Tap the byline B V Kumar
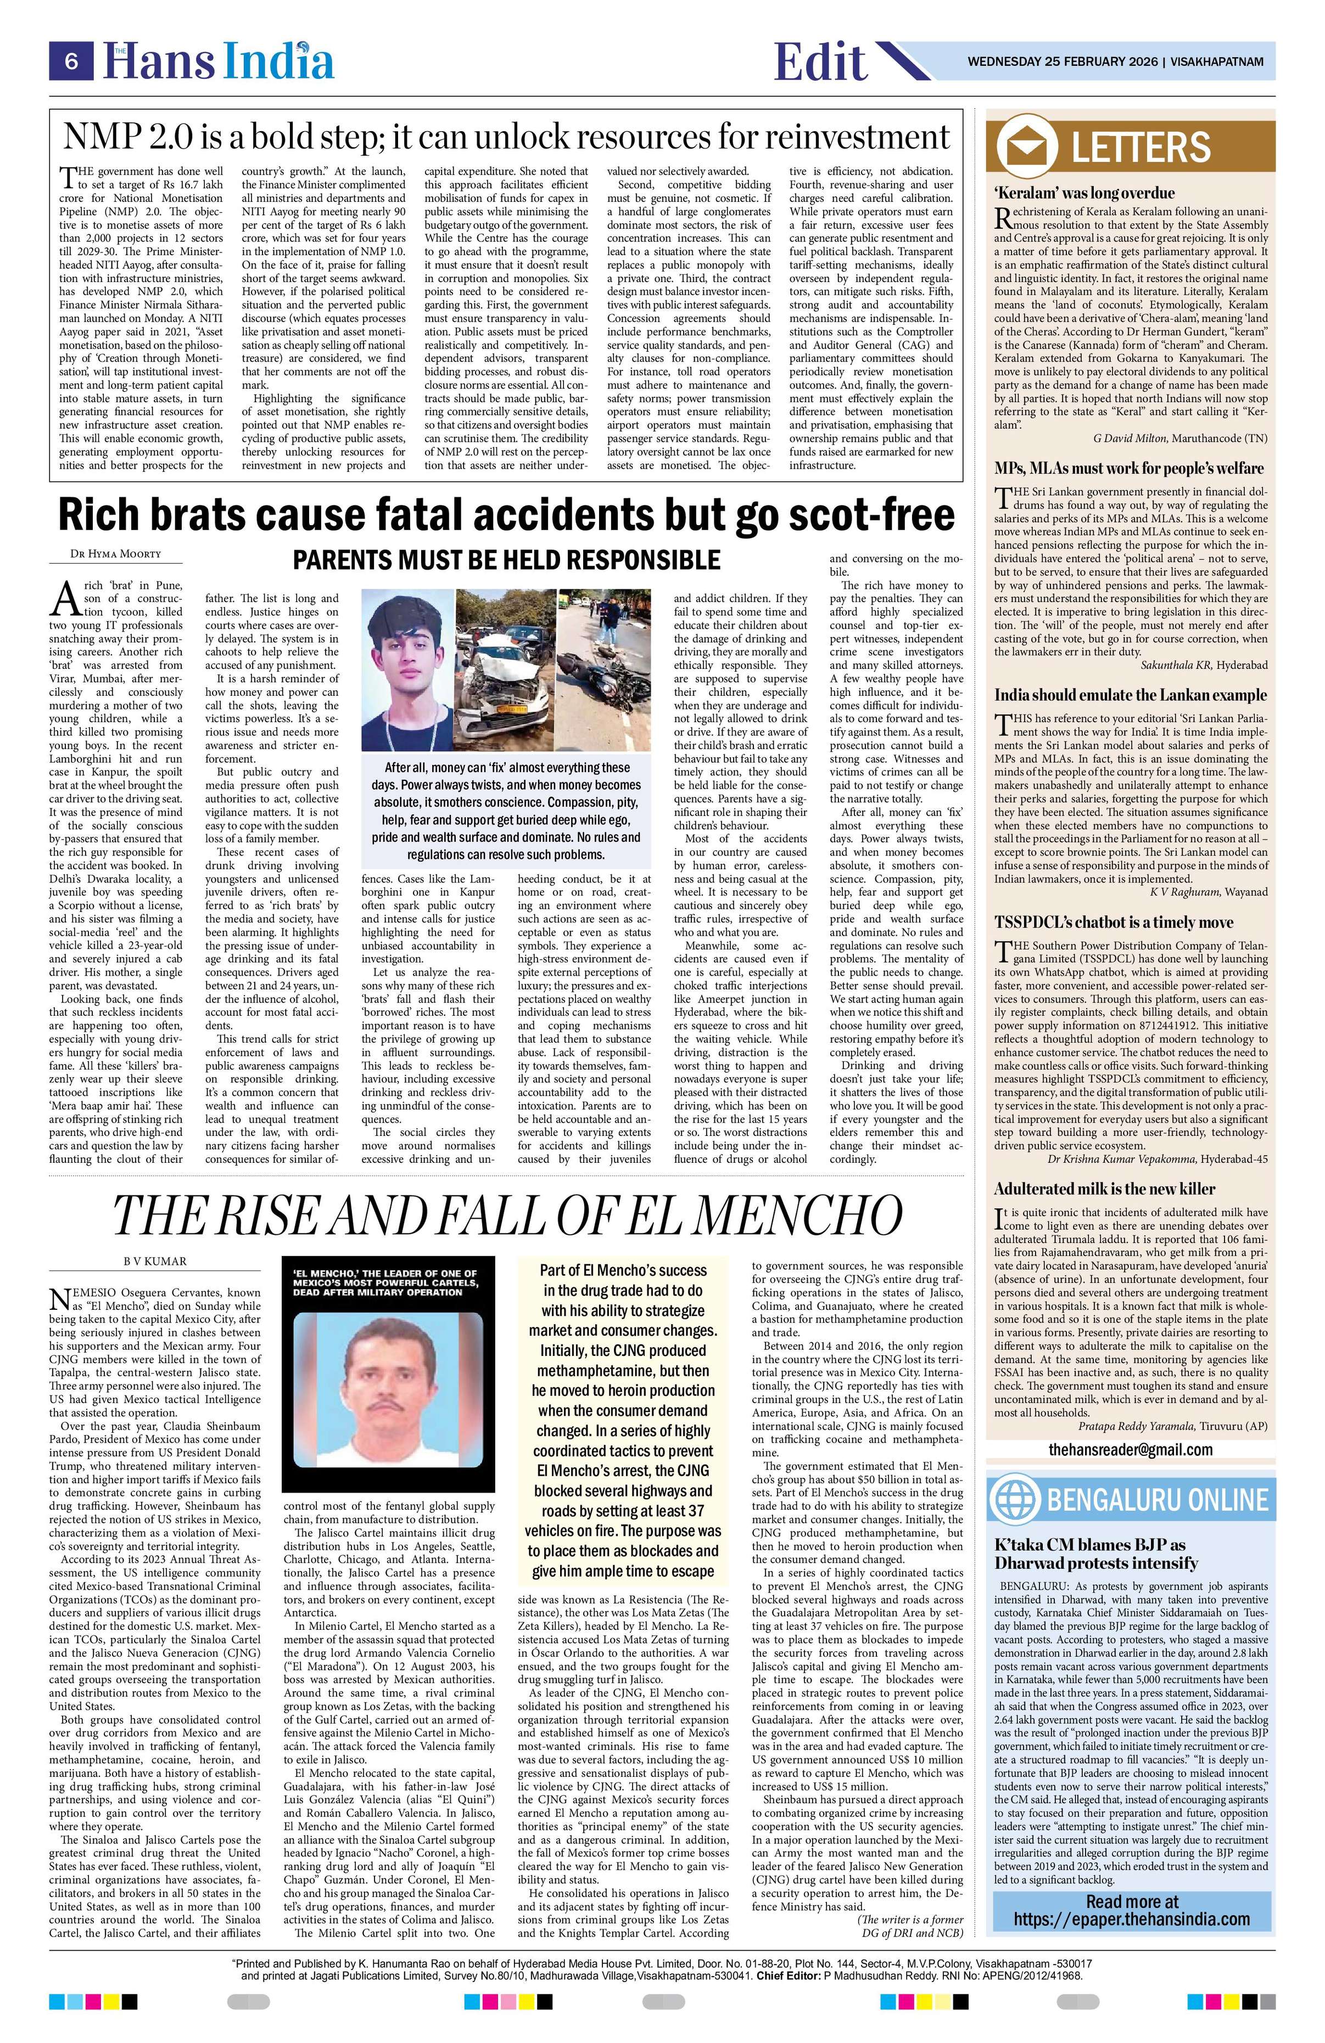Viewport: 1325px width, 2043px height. [154, 1261]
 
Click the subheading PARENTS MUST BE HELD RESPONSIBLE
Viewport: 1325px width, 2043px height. [507, 560]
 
